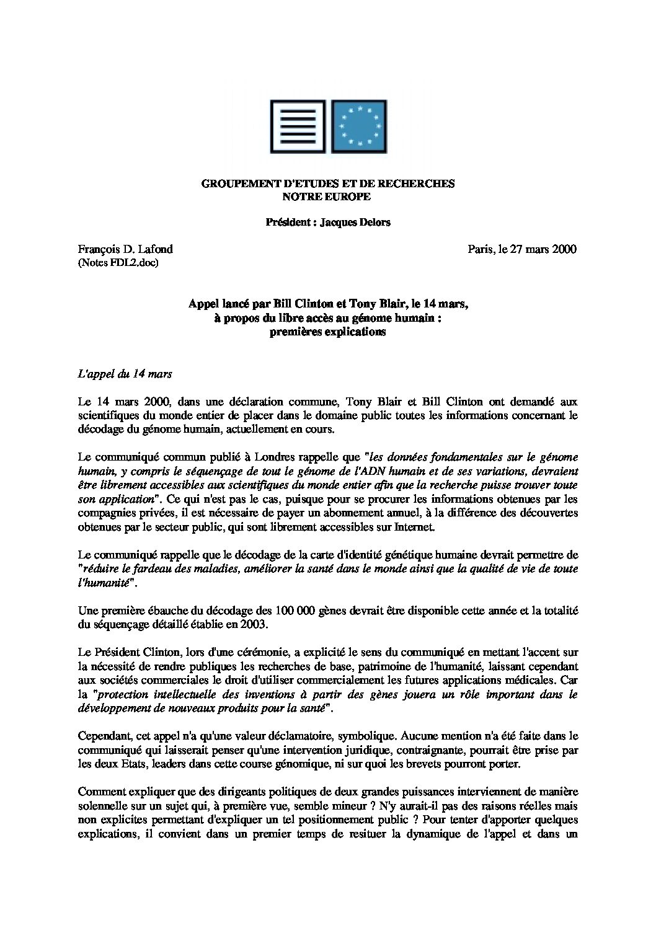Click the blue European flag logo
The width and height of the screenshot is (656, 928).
pyautogui.click(x=360, y=126)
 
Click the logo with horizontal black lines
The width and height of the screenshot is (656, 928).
pyautogui.click(x=296, y=126)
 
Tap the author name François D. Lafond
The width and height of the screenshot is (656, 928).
pyautogui.click(x=125, y=249)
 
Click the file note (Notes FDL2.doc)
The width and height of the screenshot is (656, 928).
pyautogui.click(x=118, y=263)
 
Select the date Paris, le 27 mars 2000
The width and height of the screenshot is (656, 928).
pyautogui.click(x=522, y=249)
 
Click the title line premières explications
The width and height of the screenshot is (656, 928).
pyautogui.click(x=327, y=331)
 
